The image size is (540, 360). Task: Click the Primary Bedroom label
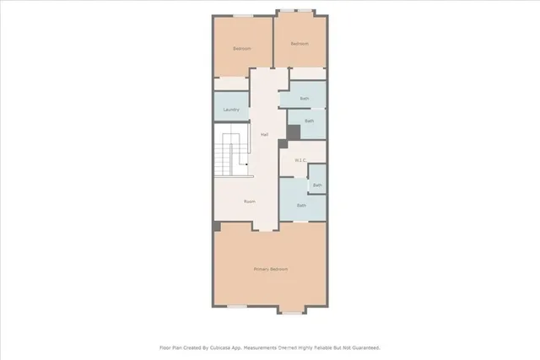[271, 269]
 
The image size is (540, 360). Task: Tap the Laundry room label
[231, 110]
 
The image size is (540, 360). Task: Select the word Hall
[264, 135]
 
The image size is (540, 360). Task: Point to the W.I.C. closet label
[300, 160]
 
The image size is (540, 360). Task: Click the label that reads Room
[250, 201]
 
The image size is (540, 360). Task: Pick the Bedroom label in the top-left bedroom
[242, 48]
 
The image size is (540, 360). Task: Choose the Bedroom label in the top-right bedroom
[300, 44]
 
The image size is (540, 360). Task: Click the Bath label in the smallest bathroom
[317, 185]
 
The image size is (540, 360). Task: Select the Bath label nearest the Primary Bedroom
[301, 205]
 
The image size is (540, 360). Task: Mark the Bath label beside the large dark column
[309, 121]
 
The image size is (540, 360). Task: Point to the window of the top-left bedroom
[243, 15]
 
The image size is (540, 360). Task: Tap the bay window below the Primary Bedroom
[291, 313]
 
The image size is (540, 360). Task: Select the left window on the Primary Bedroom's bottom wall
[237, 305]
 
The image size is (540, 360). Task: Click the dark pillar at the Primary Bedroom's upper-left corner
[217, 227]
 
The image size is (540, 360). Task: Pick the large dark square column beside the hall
[294, 132]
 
